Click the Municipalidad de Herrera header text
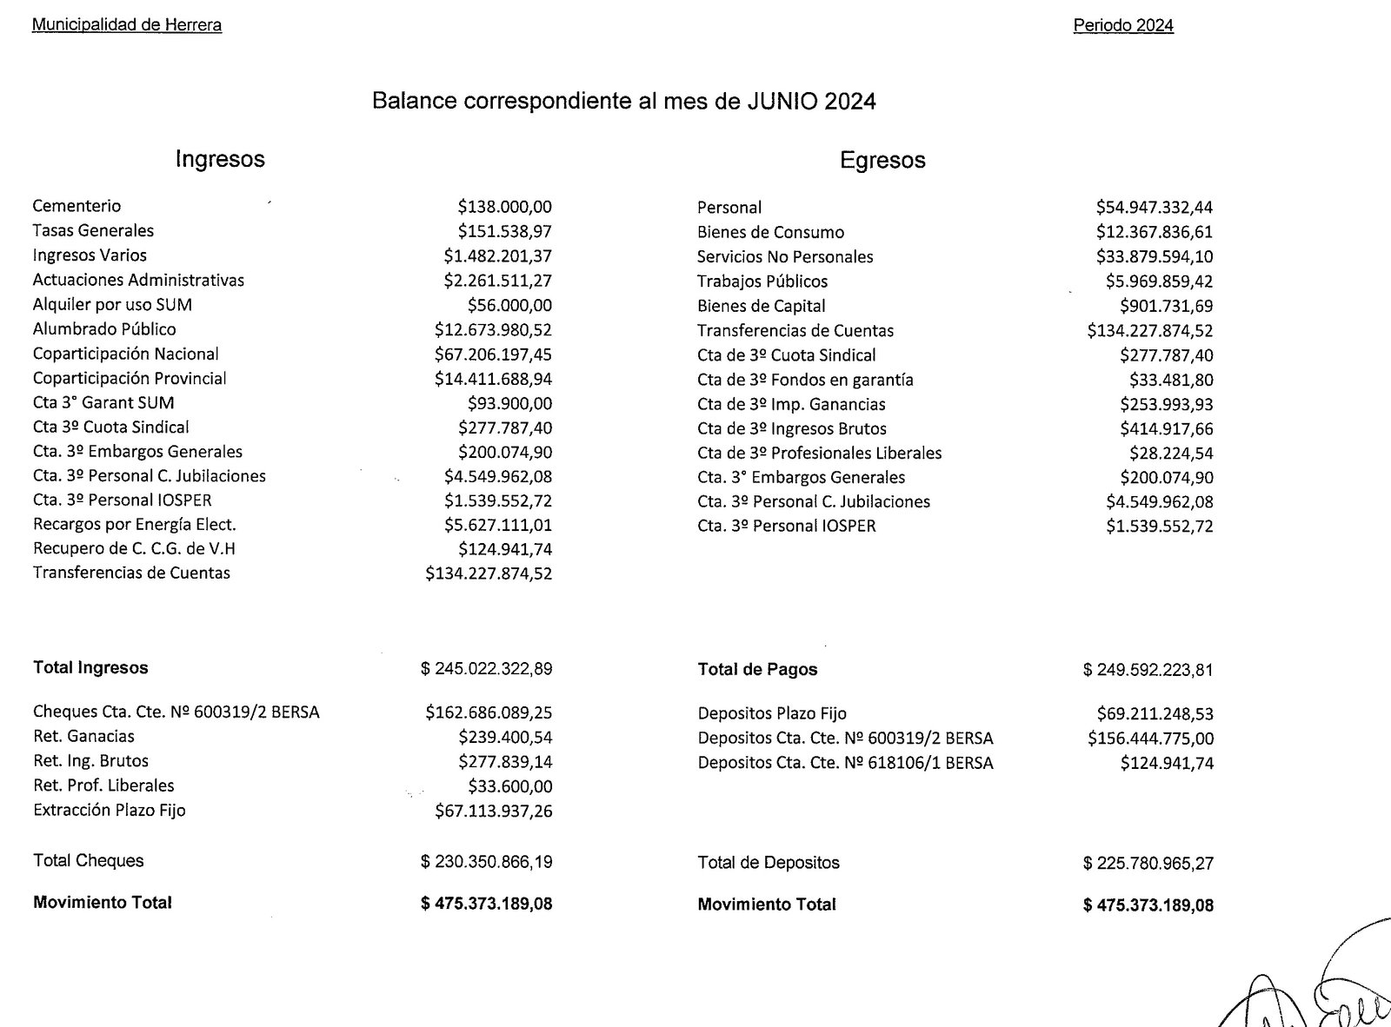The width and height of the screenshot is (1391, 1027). (127, 25)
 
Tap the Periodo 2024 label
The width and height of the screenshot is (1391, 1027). (1123, 26)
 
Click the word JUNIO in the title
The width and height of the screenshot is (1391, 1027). (782, 102)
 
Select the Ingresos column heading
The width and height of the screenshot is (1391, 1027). (220, 159)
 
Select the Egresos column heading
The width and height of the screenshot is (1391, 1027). (882, 161)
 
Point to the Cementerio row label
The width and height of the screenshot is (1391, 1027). (77, 206)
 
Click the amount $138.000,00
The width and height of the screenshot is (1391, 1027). (504, 207)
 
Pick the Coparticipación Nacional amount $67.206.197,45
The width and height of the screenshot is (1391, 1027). (493, 354)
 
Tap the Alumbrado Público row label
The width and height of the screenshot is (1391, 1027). (104, 329)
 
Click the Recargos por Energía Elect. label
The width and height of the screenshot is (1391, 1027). (135, 525)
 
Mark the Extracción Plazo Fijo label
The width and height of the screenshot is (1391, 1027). (110, 810)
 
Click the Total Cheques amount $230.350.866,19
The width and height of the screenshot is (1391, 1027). (487, 862)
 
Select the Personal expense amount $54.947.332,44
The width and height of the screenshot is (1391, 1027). (1154, 208)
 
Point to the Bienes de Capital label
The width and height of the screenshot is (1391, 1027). (762, 306)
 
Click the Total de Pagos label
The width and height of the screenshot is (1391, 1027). (757, 669)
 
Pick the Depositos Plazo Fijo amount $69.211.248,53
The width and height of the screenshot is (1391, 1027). (1155, 714)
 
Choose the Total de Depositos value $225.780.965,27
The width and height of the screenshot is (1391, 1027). (1148, 864)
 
